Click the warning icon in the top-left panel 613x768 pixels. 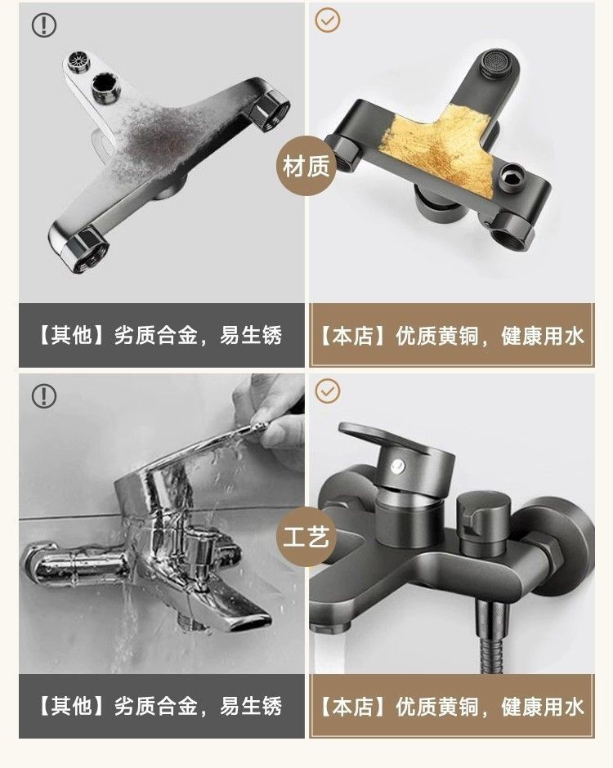44,25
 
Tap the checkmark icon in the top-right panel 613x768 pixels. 328,20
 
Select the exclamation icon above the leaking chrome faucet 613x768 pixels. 44,396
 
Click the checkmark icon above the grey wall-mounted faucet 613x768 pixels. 328,391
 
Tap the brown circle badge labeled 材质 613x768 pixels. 307,167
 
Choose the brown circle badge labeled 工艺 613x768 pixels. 307,538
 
